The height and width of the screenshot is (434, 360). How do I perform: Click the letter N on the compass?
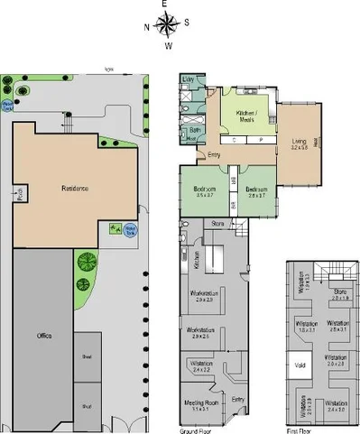tap(147, 25)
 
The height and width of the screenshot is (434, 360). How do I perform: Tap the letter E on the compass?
tap(167, 5)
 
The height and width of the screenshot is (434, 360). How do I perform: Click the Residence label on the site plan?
tap(74, 189)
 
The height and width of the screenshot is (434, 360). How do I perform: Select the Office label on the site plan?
tap(43, 336)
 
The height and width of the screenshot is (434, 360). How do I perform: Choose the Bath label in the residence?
tap(195, 131)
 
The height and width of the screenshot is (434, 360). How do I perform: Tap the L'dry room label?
tap(189, 81)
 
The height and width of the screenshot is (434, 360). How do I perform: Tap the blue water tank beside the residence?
tap(131, 228)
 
